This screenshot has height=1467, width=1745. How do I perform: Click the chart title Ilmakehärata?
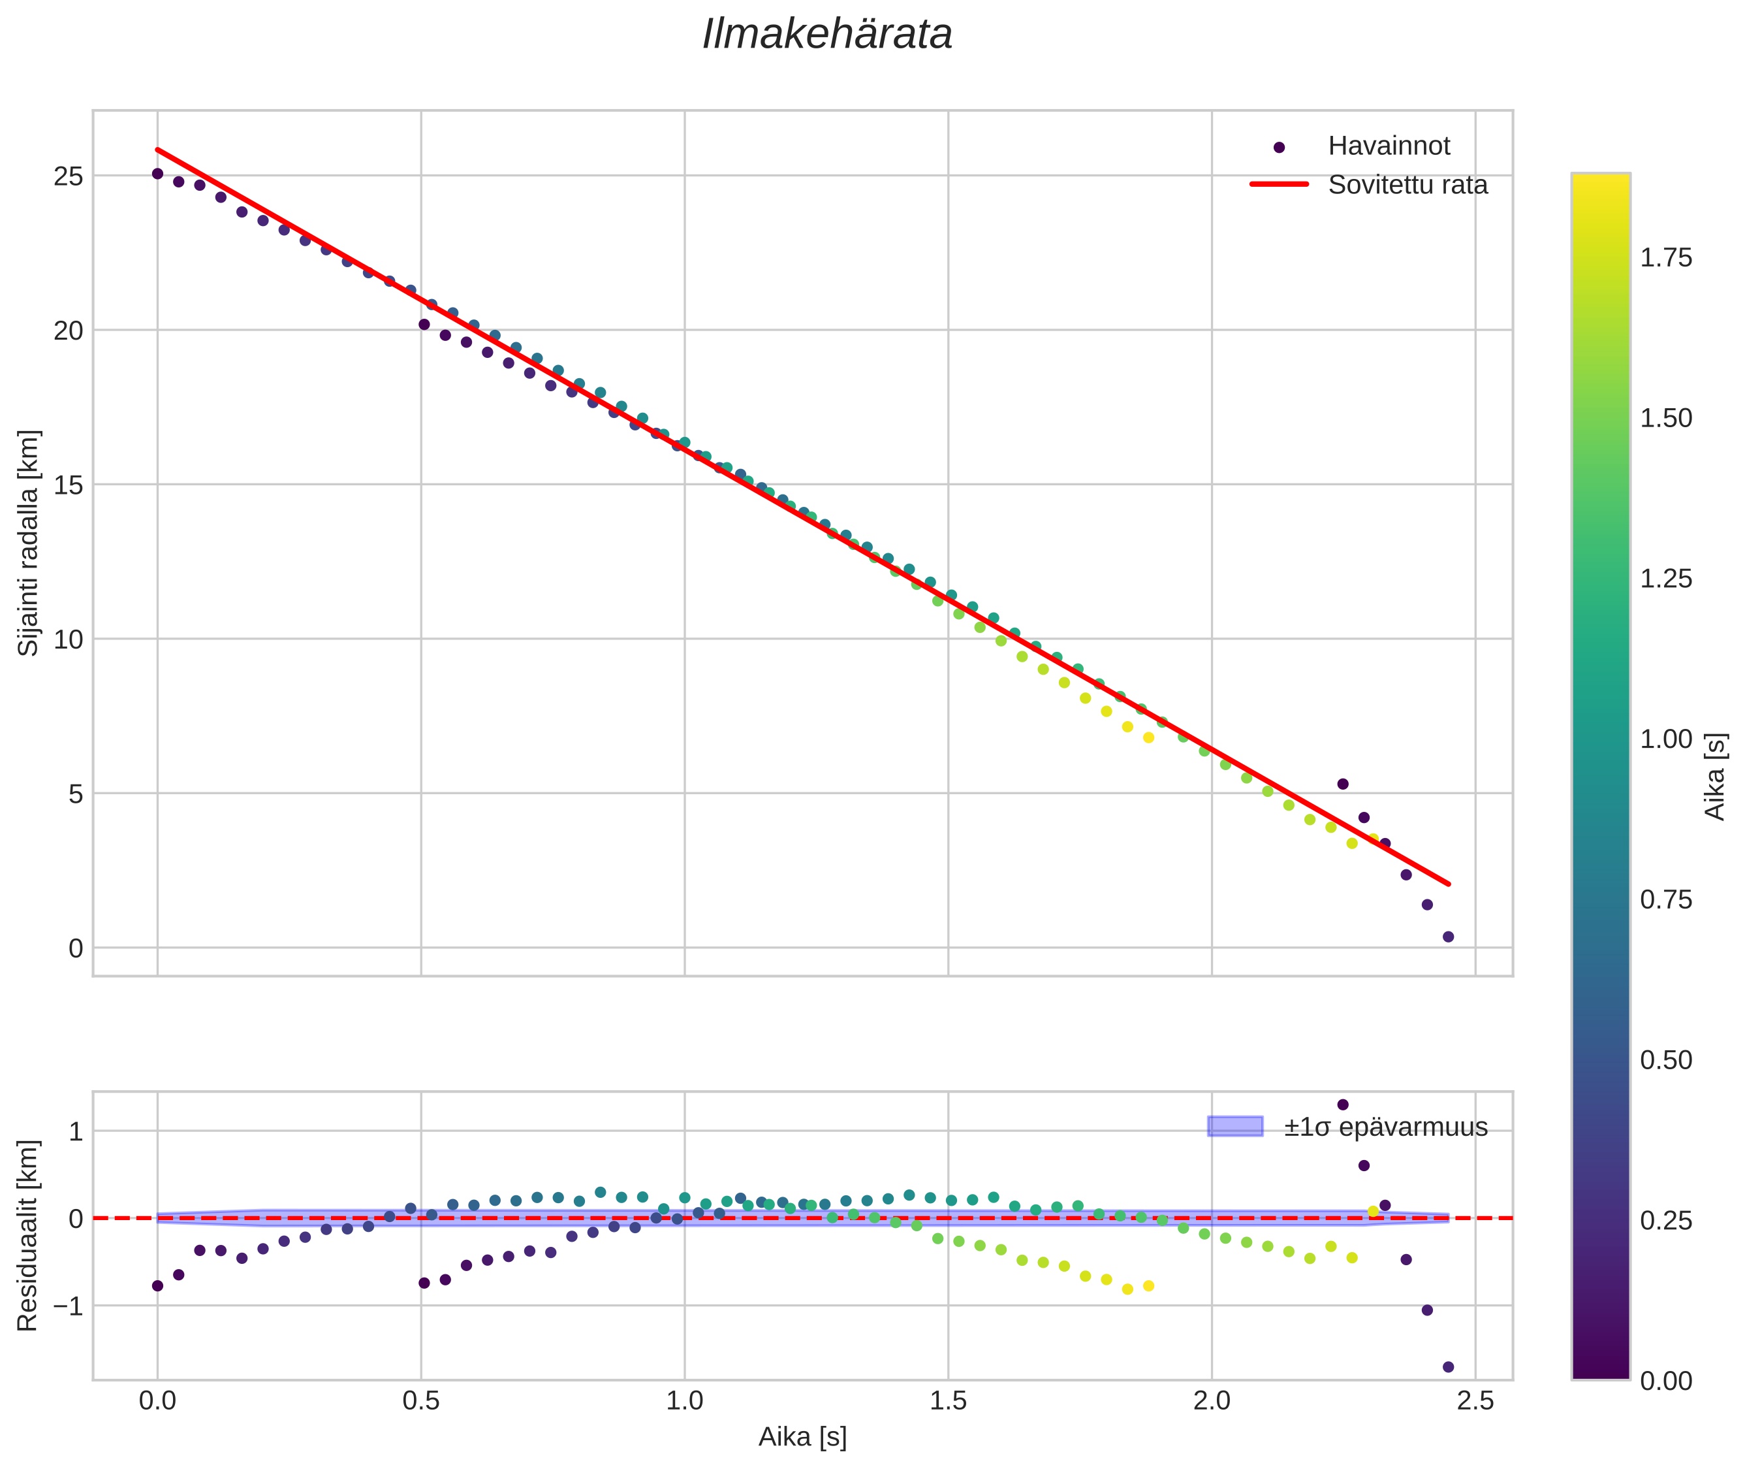[x=826, y=35]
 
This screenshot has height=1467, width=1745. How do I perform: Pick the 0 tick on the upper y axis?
[x=76, y=948]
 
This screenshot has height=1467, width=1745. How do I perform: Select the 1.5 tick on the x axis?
[x=948, y=1401]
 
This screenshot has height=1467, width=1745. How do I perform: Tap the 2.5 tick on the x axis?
[x=1475, y=1401]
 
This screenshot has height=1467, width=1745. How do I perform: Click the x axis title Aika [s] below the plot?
[x=802, y=1437]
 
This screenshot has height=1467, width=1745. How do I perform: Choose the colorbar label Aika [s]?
[x=1716, y=776]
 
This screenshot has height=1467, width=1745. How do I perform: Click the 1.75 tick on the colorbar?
[x=1665, y=258]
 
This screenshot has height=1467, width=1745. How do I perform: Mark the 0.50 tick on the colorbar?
[x=1665, y=1060]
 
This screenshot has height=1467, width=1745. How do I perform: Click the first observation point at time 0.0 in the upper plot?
[x=157, y=174]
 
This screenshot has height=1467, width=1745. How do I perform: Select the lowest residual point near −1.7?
[x=1448, y=1366]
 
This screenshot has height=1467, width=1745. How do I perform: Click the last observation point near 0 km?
[x=1448, y=937]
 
